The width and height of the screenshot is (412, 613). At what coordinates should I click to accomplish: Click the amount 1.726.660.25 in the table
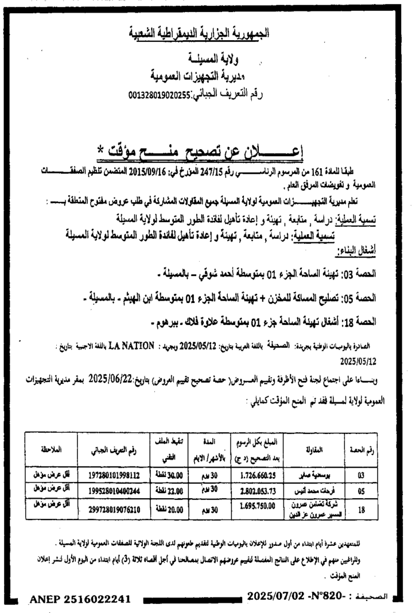(260, 475)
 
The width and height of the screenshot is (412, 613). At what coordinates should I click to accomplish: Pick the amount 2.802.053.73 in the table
(260, 490)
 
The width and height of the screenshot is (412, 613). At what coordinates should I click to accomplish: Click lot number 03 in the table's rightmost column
(361, 475)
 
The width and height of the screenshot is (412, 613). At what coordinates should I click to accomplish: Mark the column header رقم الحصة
(361, 450)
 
